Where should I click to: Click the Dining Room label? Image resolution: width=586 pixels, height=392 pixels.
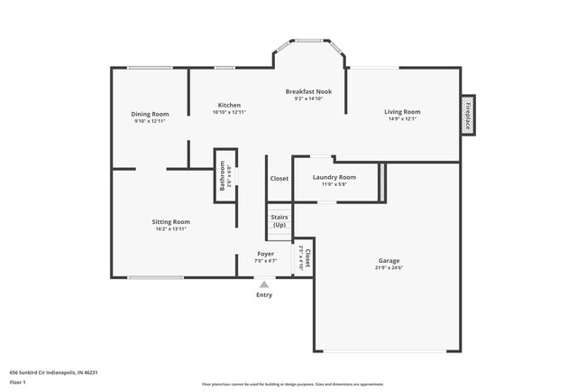151,114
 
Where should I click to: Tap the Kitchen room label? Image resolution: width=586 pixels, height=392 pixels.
229,105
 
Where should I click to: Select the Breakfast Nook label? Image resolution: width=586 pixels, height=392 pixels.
307,91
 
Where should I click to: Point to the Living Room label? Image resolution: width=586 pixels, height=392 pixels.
403,112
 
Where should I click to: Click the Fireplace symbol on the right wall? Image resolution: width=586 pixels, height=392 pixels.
468,116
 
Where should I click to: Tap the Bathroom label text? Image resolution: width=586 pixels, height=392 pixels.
222,176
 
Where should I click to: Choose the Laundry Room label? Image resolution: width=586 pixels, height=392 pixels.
334,177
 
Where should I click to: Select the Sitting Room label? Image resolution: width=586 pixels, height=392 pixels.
170,221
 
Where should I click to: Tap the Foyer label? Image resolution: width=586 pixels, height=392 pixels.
265,254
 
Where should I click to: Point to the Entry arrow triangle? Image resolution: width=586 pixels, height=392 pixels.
264,284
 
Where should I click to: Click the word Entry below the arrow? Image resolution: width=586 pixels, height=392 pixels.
264,295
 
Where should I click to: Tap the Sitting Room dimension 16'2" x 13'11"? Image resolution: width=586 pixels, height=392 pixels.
170,229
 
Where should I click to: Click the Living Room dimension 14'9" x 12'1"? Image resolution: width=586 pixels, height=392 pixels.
403,119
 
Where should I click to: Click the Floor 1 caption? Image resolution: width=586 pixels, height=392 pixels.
18,382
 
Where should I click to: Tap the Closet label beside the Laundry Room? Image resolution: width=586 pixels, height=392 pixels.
279,179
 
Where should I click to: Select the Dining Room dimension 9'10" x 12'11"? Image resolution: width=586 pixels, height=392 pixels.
151,121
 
